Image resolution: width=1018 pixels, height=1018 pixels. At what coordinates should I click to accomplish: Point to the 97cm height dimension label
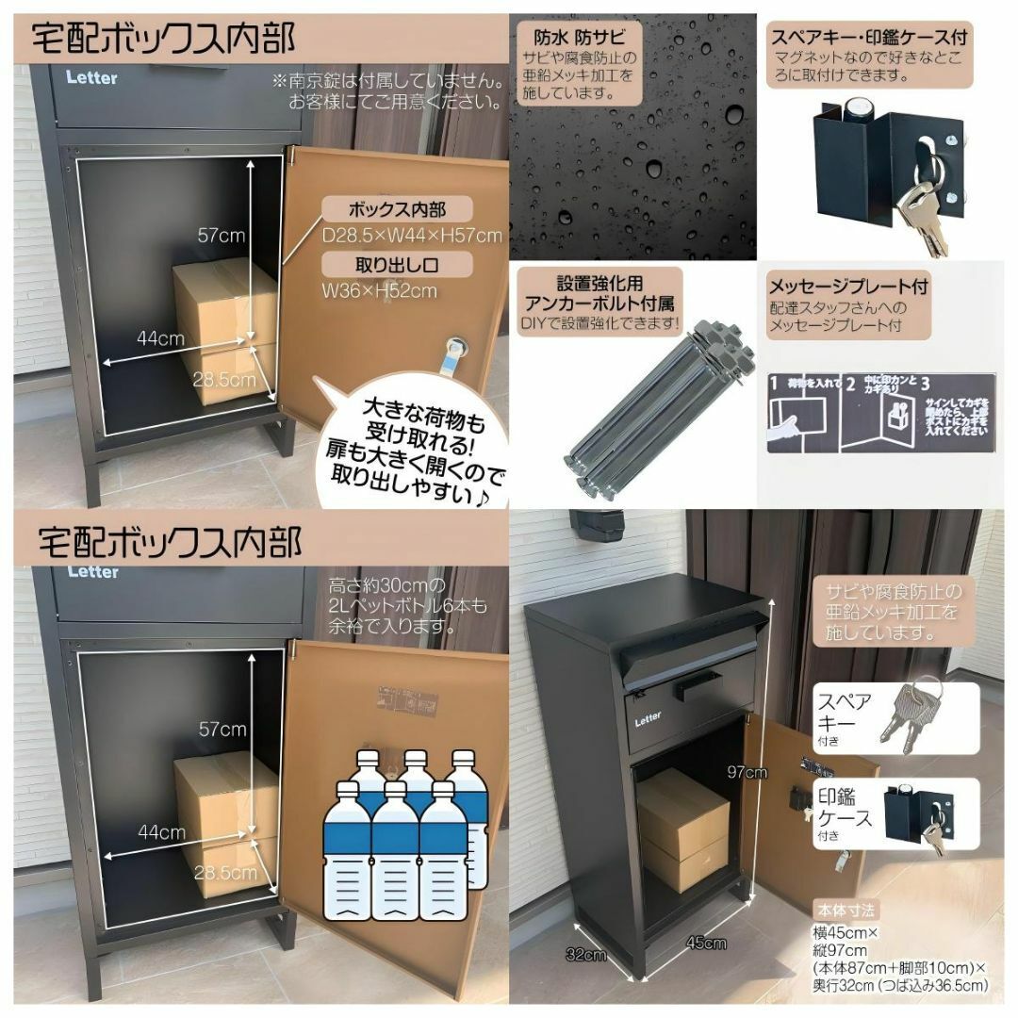coord(747,772)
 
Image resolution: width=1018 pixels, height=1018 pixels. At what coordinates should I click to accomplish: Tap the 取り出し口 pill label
coord(397,263)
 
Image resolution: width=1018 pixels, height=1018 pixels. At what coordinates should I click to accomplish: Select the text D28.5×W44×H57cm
coord(412,235)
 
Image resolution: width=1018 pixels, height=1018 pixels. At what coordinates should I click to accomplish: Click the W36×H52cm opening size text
coord(379,290)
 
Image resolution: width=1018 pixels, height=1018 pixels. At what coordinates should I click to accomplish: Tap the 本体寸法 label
coord(846,911)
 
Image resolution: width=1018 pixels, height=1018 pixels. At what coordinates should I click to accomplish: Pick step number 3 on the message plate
coord(926,385)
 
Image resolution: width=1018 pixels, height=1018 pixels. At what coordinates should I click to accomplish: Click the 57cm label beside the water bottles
coord(222,729)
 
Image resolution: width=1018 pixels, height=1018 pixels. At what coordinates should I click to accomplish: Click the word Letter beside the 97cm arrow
coord(648,719)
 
